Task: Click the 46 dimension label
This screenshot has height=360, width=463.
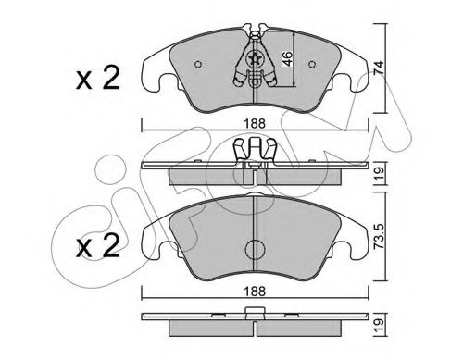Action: click(288, 58)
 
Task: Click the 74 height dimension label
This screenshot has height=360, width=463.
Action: click(379, 68)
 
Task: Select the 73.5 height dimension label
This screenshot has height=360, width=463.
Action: click(379, 236)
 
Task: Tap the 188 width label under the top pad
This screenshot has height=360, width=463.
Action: click(255, 124)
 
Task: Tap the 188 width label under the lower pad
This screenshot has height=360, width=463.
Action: click(255, 291)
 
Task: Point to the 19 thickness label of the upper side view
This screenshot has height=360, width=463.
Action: click(379, 174)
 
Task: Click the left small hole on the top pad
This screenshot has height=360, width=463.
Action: click(198, 64)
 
